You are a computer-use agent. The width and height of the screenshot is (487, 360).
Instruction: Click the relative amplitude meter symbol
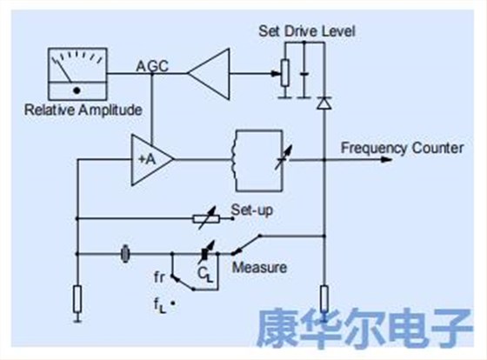76,75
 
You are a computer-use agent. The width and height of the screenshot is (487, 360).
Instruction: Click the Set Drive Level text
307,33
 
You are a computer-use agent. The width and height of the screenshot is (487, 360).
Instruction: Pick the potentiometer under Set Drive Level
284,73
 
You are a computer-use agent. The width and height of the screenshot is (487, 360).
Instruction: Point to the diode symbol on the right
324,103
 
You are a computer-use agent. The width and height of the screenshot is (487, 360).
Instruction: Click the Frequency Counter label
402,148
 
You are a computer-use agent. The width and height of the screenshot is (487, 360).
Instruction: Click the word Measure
259,267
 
